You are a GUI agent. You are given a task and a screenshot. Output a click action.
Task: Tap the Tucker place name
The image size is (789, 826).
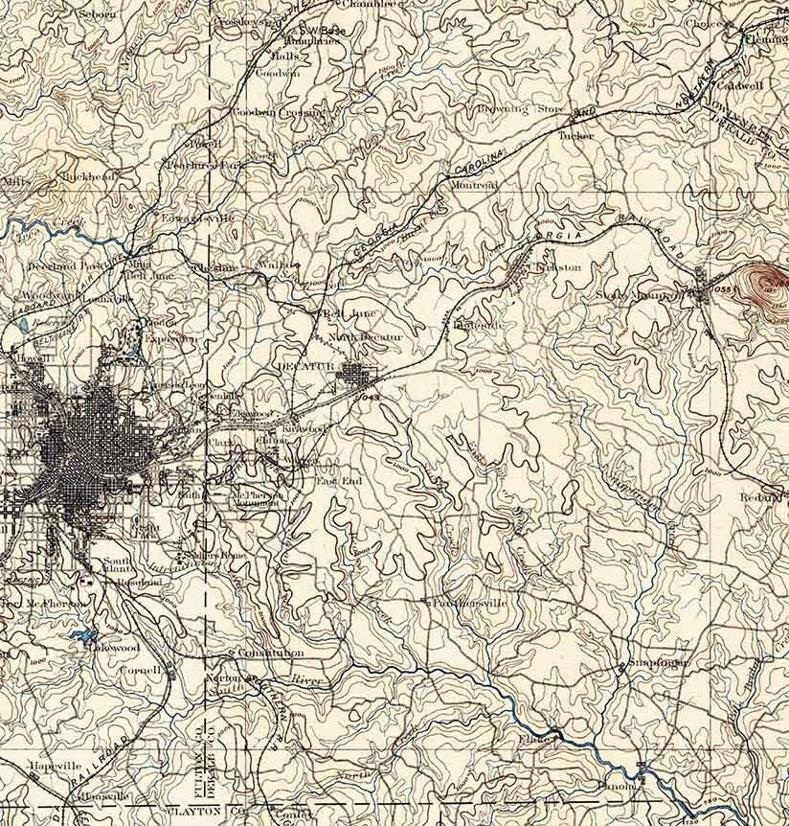point(575,136)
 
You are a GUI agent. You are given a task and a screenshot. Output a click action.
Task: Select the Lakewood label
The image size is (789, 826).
point(115,648)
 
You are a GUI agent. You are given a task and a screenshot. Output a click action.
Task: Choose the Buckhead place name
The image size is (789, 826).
point(86,176)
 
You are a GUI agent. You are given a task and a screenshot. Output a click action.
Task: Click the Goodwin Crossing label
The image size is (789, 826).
point(279,112)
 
